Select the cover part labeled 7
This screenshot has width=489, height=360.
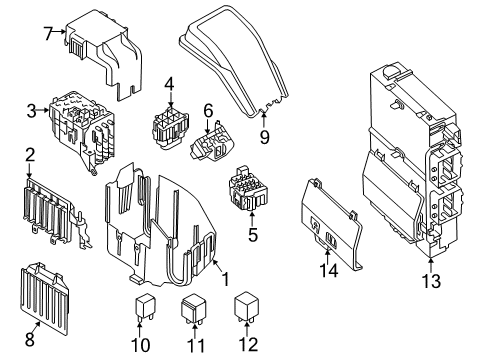click(105, 50)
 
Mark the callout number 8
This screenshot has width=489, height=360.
click(27, 325)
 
